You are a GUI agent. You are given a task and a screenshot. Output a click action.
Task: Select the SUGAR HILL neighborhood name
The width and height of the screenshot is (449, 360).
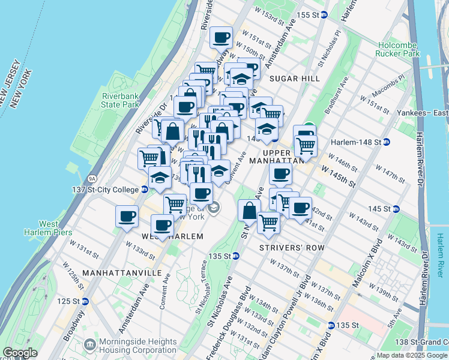click(294, 79)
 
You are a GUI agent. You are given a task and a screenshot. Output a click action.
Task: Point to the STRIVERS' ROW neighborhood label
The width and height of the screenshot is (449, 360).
click(292, 247)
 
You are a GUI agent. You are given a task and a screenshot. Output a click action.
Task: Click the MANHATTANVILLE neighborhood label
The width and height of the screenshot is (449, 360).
click(122, 272)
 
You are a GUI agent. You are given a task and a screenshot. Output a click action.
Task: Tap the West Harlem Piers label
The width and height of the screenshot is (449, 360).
click(48, 228)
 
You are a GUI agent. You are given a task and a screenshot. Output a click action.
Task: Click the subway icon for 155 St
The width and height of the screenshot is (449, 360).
click(324, 14)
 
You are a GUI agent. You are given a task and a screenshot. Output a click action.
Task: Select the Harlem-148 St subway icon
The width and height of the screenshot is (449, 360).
click(387, 142)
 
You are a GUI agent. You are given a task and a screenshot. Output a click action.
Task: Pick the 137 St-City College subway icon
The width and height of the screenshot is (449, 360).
click(145, 190)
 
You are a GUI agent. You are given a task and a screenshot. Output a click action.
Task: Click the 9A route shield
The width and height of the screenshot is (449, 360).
click(92, 178)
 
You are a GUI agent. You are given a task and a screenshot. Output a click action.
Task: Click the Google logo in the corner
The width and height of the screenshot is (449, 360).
click(20, 353)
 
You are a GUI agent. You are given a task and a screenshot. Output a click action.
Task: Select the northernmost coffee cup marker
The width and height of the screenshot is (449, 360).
click(221, 37)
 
